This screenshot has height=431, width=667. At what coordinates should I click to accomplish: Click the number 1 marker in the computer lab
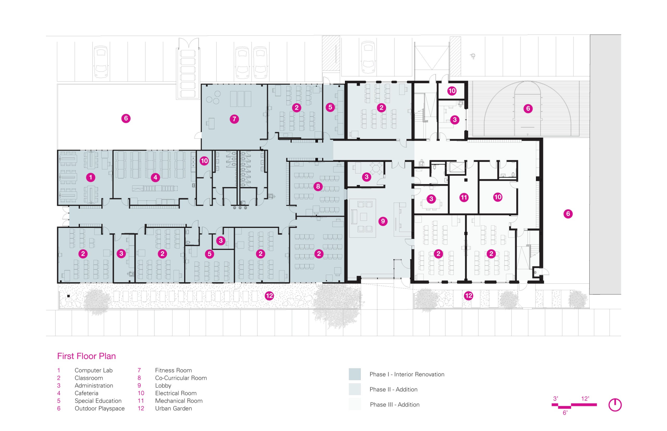tap(90, 177)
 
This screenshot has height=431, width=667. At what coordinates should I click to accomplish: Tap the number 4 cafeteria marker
tap(155, 177)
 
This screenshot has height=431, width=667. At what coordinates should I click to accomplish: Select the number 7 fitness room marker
tap(234, 119)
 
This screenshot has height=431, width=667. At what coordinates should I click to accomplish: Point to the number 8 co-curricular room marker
tap(318, 186)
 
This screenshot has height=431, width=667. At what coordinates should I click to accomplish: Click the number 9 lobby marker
tap(383, 221)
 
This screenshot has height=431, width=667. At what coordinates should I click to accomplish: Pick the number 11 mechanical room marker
tap(464, 198)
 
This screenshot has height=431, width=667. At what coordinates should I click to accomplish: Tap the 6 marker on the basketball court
tap(528, 108)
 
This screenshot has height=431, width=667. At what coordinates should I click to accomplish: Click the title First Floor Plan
tap(86, 356)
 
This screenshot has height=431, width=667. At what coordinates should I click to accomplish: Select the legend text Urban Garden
tap(174, 408)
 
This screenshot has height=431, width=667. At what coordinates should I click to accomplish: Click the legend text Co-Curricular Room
tap(181, 378)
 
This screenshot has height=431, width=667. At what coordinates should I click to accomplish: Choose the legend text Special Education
tap(98, 401)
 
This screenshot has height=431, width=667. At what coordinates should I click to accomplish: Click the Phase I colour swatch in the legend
tap(355, 374)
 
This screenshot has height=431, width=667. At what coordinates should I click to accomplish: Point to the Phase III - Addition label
tap(394, 404)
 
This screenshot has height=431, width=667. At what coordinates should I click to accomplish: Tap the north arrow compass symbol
tap(615, 405)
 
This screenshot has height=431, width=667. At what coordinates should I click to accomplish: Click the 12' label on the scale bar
tap(585, 398)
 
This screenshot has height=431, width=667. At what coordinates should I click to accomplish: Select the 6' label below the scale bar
tap(565, 413)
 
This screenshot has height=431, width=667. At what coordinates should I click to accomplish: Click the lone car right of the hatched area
tap(368, 57)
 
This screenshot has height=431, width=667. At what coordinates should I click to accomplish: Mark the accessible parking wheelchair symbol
tap(473, 56)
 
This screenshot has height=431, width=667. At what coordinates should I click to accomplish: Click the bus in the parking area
tap(188, 70)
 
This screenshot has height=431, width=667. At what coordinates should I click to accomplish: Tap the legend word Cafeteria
tap(86, 393)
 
